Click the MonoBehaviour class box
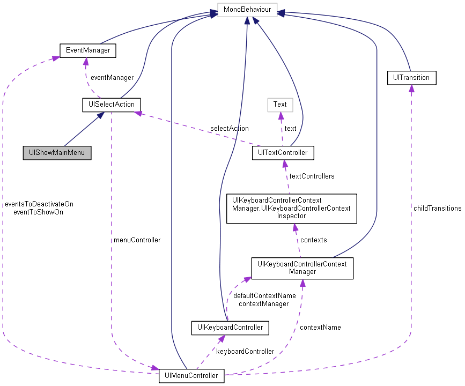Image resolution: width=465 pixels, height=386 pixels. click(x=247, y=10)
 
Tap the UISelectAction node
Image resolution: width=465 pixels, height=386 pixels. click(x=112, y=105)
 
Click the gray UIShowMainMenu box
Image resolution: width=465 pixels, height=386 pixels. click(x=57, y=153)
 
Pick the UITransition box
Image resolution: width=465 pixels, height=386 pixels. click(x=411, y=78)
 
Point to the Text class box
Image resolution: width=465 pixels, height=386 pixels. click(x=280, y=105)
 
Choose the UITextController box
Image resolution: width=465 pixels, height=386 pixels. click(x=283, y=153)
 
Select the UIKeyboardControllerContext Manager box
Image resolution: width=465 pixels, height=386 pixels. click(x=302, y=268)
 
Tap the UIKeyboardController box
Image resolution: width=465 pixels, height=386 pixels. click(x=230, y=328)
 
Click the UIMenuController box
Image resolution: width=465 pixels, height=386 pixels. click(x=191, y=376)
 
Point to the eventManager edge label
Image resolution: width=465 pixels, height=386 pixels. click(x=112, y=78)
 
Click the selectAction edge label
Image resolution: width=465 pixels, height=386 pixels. click(x=229, y=129)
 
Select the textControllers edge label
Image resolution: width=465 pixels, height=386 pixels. click(x=312, y=176)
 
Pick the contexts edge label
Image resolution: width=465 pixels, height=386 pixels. click(x=313, y=240)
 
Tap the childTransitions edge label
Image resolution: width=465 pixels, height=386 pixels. click(x=437, y=209)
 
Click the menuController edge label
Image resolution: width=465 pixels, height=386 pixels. click(x=137, y=240)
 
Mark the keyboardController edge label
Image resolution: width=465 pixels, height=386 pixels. click(x=245, y=352)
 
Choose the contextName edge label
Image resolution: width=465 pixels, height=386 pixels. click(x=320, y=328)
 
